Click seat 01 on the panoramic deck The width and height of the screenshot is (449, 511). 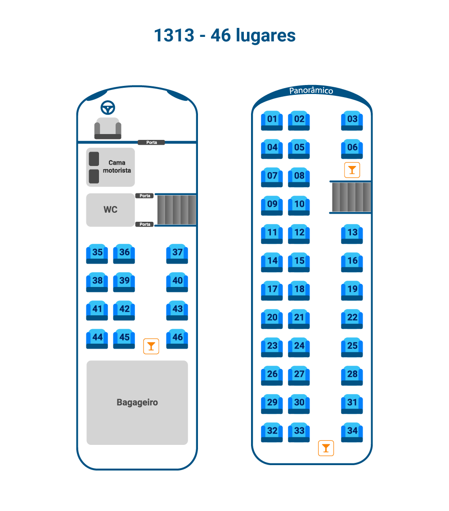(272, 121)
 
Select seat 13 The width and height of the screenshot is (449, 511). (352, 234)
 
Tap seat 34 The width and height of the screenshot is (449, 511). (352, 432)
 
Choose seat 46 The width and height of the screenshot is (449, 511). (177, 339)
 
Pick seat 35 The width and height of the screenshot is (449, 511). (97, 254)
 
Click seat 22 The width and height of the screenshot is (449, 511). (352, 319)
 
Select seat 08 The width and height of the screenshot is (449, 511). (299, 177)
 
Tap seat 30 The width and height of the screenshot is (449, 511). (299, 404)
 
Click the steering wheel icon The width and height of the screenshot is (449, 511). (108, 108)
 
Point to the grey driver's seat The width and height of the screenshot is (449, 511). (108, 128)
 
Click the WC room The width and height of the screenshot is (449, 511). (111, 210)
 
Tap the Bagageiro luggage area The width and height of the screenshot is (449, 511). (137, 403)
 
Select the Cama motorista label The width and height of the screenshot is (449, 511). (117, 166)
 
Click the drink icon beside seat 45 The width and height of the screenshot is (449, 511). (151, 346)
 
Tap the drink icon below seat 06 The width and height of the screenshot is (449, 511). (352, 170)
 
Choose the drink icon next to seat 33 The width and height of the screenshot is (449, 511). (326, 448)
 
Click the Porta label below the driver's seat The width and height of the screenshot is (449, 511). (151, 143)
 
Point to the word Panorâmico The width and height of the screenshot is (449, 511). (311, 90)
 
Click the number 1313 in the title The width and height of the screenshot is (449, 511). (174, 35)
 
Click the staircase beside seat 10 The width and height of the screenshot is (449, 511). (351, 197)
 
